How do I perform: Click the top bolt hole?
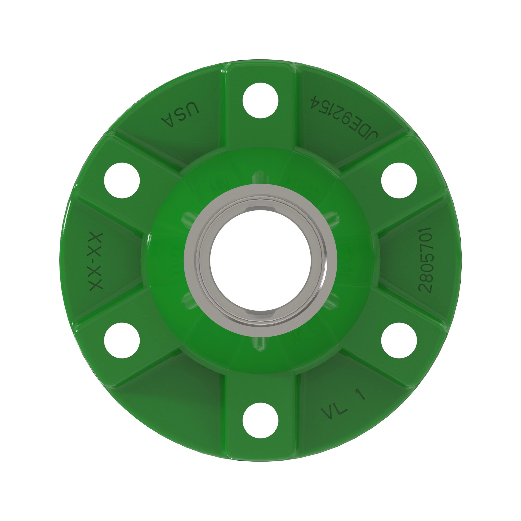tap(260, 100)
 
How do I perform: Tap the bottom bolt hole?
tap(260, 420)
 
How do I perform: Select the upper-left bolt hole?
tap(122, 180)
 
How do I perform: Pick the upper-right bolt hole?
tap(399, 180)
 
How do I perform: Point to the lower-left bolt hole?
tap(122, 340)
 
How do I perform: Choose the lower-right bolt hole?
tap(399, 340)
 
